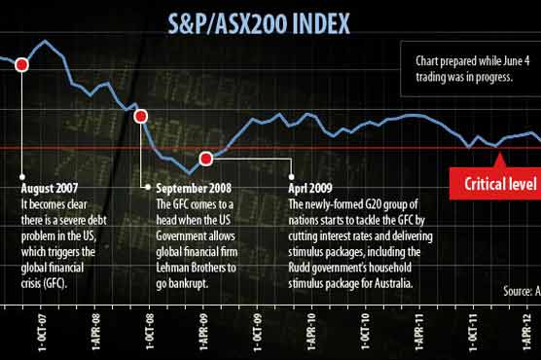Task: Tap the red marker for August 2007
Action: pyautogui.click(x=21, y=64)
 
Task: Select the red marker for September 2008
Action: pyautogui.click(x=140, y=117)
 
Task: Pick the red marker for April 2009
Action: pyautogui.click(x=205, y=159)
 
